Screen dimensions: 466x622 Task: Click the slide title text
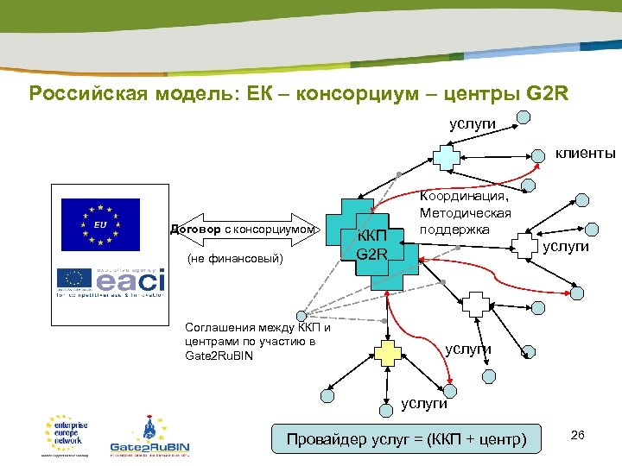tap(298, 93)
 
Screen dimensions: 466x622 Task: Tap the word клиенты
tap(585, 154)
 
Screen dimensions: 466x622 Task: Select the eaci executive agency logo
tap(111, 280)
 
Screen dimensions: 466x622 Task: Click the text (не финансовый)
tap(235, 258)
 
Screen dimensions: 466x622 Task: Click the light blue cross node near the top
tap(446, 156)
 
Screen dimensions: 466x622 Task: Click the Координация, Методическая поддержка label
tap(465, 213)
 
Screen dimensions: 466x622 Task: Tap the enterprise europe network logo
tap(65, 434)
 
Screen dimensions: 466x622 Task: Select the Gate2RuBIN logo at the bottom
tap(149, 437)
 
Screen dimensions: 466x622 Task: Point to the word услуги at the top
tap(473, 123)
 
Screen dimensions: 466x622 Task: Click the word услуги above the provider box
tap(423, 402)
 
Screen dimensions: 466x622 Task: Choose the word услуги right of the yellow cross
tap(467, 349)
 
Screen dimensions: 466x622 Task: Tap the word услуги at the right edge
tap(566, 247)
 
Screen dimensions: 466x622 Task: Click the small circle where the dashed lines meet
tap(301, 316)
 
